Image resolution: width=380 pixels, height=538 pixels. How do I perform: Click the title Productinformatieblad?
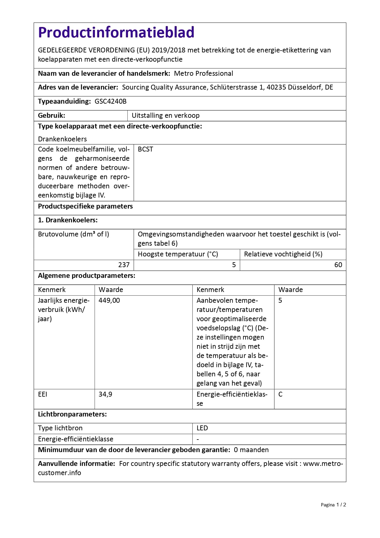[x=116, y=33]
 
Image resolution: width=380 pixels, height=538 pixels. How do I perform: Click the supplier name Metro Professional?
[x=203, y=74]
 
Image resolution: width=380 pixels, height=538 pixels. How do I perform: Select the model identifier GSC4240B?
[x=111, y=102]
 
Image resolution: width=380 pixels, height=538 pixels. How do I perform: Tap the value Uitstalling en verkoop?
[x=165, y=116]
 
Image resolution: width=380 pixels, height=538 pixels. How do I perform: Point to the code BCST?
[x=145, y=149]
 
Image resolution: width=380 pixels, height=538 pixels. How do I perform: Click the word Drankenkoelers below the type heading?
[x=62, y=139]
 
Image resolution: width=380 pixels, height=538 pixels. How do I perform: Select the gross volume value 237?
[x=124, y=265]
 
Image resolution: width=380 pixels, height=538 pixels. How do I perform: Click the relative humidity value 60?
[x=338, y=265]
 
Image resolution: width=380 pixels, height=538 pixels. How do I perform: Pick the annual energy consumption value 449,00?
[x=109, y=301]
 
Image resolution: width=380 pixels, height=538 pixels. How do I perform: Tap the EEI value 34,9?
[x=105, y=394]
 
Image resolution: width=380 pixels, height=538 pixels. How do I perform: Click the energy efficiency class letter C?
[x=280, y=394]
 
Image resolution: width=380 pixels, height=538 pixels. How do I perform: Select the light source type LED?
[x=202, y=428]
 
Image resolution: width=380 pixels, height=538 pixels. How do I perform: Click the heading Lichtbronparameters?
[x=72, y=414]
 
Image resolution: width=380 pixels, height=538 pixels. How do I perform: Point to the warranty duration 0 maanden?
[x=251, y=450]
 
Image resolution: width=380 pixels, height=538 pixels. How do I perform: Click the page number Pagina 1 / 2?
[x=333, y=505]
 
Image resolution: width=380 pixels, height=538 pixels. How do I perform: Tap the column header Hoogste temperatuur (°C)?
[x=178, y=254]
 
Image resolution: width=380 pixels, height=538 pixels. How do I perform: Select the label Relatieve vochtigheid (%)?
[x=283, y=254]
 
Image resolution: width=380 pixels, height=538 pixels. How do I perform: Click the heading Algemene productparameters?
[x=86, y=276]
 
